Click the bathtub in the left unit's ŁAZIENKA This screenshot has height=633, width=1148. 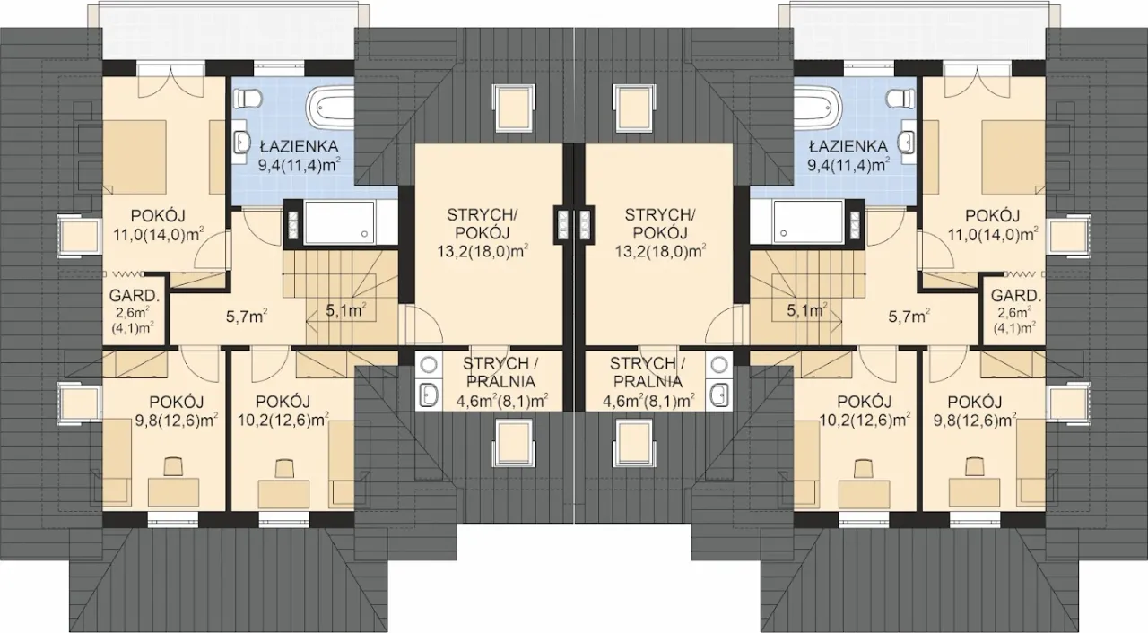pos(331,108)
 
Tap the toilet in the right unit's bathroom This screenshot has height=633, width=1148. pos(900,98)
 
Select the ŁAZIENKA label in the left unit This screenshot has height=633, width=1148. pos(299,146)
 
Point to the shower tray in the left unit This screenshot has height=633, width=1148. pos(339,222)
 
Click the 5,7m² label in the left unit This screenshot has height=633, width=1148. pos(247,316)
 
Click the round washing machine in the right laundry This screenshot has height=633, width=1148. pos(720,364)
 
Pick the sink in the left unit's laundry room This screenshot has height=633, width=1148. pos(429,395)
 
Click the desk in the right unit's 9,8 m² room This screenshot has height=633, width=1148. pos(974,493)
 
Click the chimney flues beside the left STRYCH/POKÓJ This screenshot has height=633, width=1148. pos(562,225)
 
